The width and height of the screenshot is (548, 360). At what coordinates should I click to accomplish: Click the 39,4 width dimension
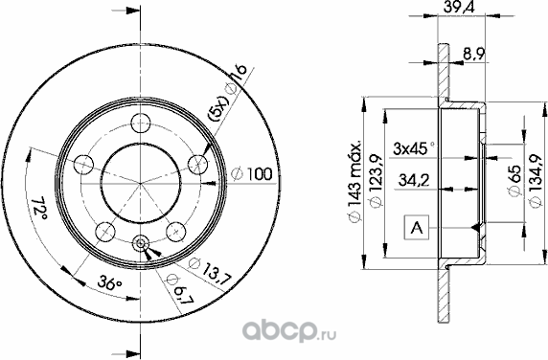point(459,7)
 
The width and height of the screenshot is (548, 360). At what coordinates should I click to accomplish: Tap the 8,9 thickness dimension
point(473,54)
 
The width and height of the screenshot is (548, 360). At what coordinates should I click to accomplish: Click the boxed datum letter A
point(416,227)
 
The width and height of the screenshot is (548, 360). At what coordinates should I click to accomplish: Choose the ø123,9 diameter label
point(377,181)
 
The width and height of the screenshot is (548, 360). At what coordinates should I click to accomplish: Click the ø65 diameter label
point(514,181)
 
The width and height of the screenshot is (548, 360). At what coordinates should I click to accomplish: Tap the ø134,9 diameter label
point(536,181)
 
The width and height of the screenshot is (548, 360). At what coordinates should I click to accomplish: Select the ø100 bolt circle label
point(252,173)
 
